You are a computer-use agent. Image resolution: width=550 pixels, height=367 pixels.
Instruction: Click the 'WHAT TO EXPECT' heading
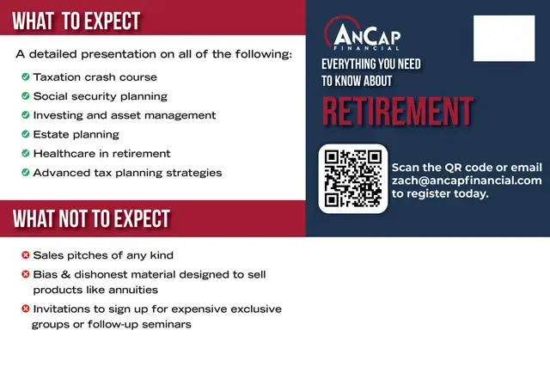(76, 21)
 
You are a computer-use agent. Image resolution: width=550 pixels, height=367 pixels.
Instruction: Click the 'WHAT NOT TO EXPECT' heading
(91, 218)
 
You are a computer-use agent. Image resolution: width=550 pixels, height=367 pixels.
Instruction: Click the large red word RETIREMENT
(397, 112)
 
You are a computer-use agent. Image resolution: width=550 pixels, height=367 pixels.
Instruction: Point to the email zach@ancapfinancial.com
(467, 180)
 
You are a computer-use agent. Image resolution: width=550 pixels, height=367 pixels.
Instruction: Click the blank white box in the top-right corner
(504, 38)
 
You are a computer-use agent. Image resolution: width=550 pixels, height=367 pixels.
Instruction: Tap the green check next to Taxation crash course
(26, 77)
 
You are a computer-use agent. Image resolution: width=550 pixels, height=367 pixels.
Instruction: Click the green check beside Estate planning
(26, 134)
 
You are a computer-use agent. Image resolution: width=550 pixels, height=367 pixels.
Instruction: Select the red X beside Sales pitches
(26, 255)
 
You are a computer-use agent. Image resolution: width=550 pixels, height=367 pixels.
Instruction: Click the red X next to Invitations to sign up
(26, 309)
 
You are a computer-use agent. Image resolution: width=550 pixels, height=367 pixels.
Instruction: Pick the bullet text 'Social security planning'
(100, 96)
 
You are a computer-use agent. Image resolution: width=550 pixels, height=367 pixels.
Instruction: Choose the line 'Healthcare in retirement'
(101, 153)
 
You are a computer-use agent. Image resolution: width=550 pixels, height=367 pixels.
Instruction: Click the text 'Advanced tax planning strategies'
(127, 172)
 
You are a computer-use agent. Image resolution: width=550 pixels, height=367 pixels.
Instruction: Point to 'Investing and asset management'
(124, 115)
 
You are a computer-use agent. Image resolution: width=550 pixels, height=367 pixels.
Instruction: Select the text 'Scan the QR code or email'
(467, 167)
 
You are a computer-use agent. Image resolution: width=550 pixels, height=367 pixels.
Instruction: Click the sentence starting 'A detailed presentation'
(154, 54)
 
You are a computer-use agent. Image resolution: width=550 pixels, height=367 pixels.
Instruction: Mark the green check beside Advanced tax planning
(26, 172)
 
